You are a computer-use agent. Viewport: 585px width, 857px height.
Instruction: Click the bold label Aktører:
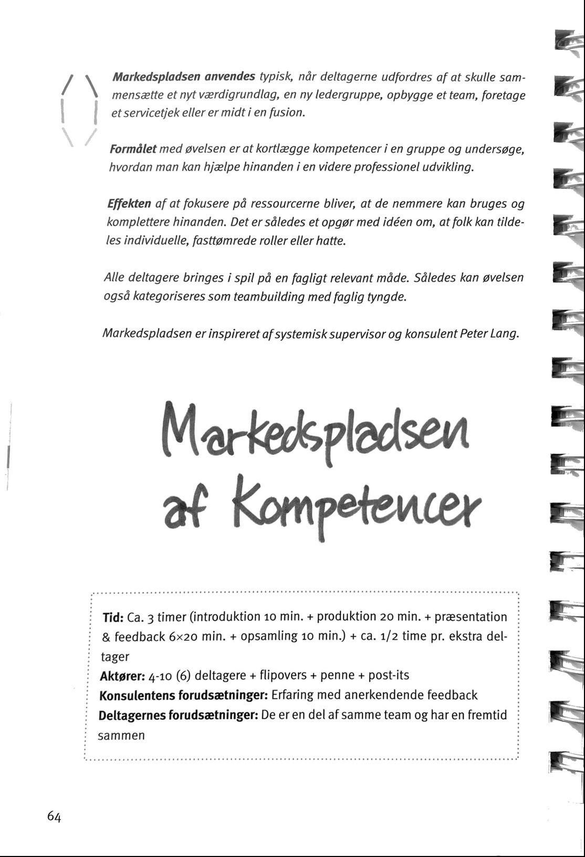coord(122,675)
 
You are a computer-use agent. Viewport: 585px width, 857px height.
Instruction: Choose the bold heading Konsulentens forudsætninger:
coord(184,695)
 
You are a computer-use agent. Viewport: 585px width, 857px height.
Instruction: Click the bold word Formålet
coord(133,149)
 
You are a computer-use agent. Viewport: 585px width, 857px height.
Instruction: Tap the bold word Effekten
coord(129,204)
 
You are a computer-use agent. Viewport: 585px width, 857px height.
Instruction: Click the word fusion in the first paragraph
coord(288,113)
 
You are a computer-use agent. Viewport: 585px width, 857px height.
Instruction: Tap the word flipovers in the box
coord(284,675)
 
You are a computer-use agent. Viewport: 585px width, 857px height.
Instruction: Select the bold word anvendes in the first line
coord(230,77)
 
